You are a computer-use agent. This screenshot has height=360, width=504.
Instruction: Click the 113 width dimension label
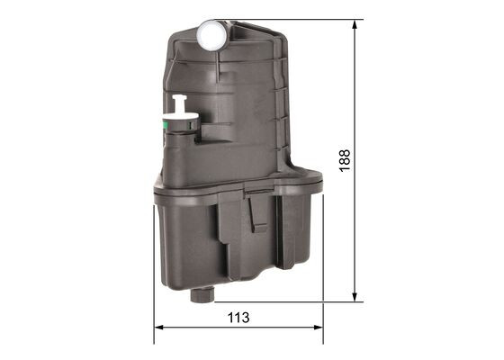238,318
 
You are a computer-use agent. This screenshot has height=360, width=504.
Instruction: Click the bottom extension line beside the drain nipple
288,301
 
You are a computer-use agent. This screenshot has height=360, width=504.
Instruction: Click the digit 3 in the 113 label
246,318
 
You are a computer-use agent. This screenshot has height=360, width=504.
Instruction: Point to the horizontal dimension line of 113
270,328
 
